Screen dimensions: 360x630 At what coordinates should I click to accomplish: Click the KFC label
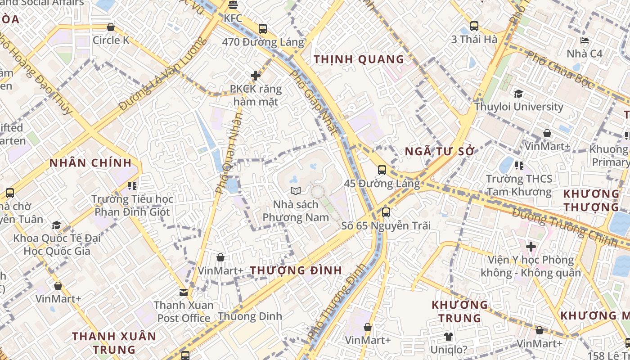tap(233, 18)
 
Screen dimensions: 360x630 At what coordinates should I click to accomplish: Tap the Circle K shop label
tap(111, 40)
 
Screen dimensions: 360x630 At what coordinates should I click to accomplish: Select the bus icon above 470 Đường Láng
tap(263, 29)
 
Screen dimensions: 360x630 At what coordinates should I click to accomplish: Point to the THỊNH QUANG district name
tap(359, 59)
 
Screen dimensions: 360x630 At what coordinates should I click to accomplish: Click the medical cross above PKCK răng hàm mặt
tap(256, 76)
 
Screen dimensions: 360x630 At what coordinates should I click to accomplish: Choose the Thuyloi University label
tap(518, 107)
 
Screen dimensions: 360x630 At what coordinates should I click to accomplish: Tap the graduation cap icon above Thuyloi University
tap(518, 94)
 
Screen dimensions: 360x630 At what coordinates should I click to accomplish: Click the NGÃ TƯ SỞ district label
tap(440, 151)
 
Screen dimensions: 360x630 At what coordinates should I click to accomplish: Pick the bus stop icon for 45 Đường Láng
tap(382, 170)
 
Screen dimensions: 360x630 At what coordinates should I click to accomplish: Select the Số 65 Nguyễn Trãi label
tap(386, 225)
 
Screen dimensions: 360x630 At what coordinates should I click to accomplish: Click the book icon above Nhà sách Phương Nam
tap(295, 191)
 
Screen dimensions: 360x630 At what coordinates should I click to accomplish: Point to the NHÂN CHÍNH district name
tap(90, 163)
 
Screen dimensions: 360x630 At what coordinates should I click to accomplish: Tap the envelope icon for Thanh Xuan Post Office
tap(183, 292)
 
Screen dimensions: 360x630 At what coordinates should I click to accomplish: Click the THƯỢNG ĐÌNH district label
tap(296, 270)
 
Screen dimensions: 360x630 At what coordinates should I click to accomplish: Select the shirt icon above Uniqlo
tap(448, 336)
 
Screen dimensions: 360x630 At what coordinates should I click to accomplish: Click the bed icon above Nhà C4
tap(584, 41)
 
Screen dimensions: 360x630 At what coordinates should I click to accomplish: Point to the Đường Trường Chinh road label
tap(564, 227)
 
